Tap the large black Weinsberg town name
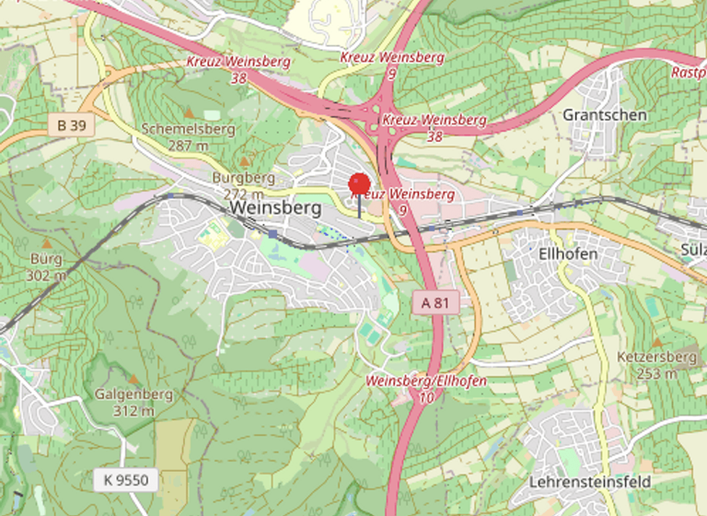(x=276, y=208)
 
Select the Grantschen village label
(x=604, y=115)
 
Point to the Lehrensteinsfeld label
(x=590, y=482)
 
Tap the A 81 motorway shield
(x=435, y=302)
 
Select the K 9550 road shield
(x=126, y=479)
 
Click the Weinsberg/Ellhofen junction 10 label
(x=425, y=388)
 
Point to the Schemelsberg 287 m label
(x=176, y=137)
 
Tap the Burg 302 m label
(x=46, y=266)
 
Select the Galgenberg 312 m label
(x=133, y=402)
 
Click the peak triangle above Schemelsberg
(x=189, y=112)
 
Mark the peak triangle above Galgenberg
(x=133, y=379)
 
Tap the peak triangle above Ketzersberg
(x=658, y=342)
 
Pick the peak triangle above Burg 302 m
(x=46, y=243)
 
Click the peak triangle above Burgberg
(x=246, y=159)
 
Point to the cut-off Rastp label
(x=688, y=71)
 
